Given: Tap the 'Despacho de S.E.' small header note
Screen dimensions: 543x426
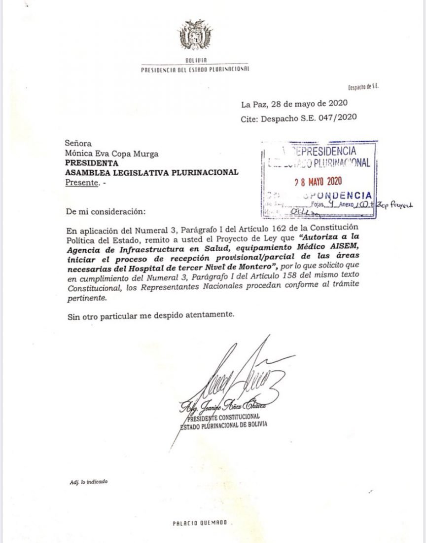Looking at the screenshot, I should pos(363,87).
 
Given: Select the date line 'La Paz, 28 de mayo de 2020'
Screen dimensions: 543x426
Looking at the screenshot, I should pos(295,104).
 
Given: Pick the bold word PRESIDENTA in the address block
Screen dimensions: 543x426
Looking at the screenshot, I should pos(92,162).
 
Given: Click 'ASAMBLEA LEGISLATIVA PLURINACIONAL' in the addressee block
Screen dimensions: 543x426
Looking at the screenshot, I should pos(152,172).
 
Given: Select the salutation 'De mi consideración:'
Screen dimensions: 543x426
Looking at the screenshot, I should pos(106,212).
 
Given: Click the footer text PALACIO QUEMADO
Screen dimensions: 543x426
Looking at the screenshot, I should pos(200,523).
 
